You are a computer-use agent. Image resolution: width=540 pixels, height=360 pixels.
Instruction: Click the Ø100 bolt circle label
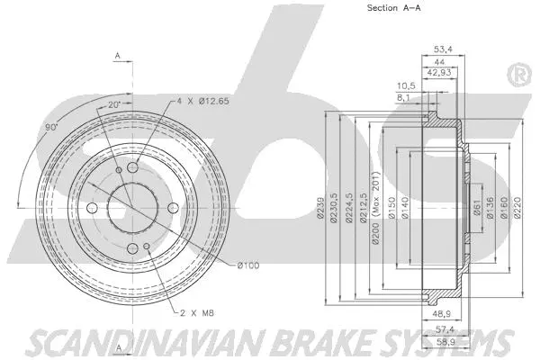point(249,265)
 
